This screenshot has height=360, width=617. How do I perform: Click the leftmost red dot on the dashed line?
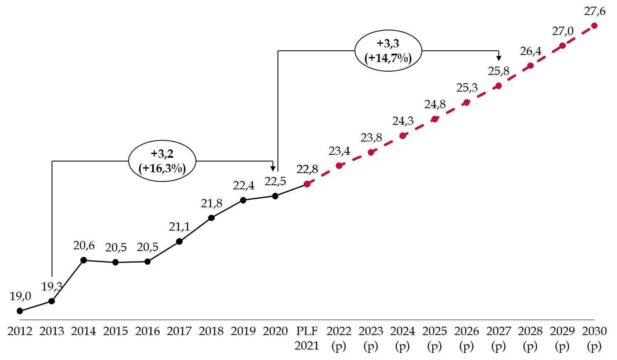coord(307,184)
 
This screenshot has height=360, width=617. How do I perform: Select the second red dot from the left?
coord(339,166)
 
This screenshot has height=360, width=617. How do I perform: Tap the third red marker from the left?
coord(371,152)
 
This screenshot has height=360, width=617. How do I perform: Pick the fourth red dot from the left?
coord(403,136)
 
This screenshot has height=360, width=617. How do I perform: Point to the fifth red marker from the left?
coord(435,119)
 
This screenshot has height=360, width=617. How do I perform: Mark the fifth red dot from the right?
coord(466,102)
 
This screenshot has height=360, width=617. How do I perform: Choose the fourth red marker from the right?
coord(498,86)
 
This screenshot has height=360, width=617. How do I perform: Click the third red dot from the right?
coord(530,66)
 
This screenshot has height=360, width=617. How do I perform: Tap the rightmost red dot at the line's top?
coord(594,26)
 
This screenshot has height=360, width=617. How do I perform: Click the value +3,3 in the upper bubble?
coord(388,44)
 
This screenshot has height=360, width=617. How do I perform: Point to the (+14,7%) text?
coord(388,58)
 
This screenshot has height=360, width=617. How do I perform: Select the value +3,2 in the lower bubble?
coord(162,154)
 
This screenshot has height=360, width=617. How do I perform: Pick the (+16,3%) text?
coord(162,168)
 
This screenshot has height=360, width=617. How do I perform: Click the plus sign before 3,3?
coord(380,44)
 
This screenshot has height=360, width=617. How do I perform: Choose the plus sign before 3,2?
coord(154,154)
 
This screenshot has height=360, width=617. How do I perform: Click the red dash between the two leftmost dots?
coord(323,175)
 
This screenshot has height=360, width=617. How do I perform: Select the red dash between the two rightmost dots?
coord(578,36)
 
